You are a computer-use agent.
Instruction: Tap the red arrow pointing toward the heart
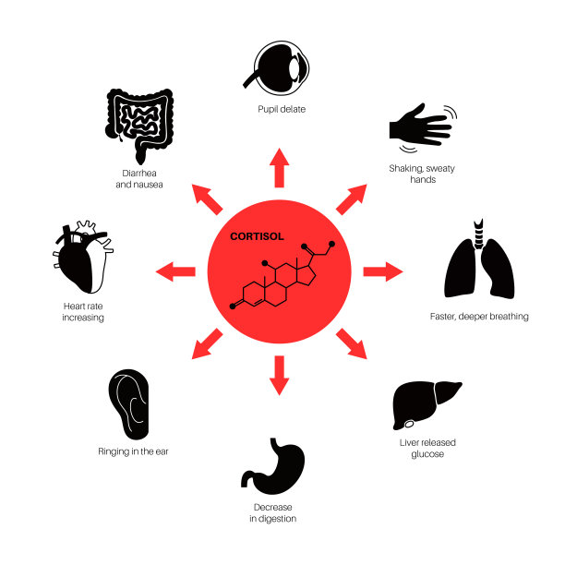click(x=175, y=271)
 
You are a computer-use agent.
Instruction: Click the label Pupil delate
click(x=282, y=109)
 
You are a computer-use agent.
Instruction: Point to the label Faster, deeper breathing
click(x=479, y=317)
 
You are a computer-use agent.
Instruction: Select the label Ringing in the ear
click(x=132, y=451)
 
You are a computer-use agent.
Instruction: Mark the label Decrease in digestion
click(x=273, y=513)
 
